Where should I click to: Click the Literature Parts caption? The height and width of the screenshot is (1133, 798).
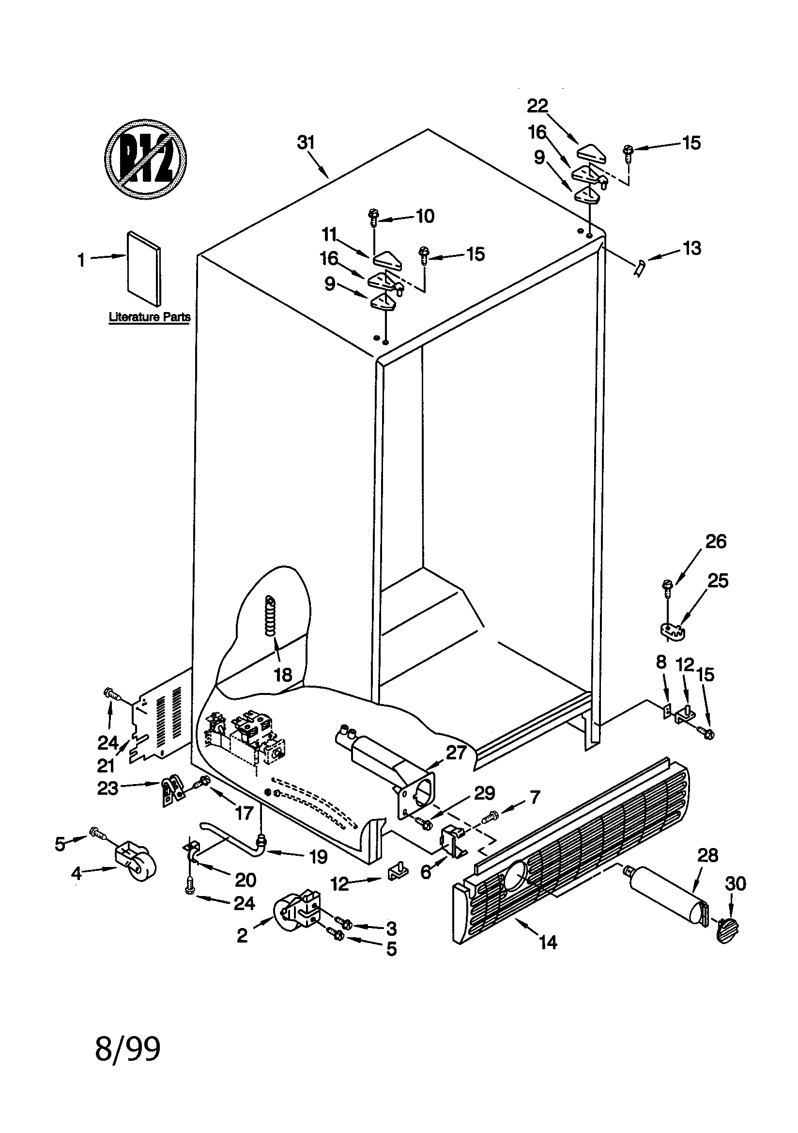click(149, 317)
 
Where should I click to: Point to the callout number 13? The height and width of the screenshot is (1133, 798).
click(691, 248)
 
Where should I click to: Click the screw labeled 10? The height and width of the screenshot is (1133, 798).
click(373, 217)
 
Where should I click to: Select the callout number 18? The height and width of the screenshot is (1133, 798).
click(283, 675)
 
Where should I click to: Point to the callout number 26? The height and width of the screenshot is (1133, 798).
click(716, 541)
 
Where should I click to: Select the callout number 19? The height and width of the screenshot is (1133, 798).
click(318, 857)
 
